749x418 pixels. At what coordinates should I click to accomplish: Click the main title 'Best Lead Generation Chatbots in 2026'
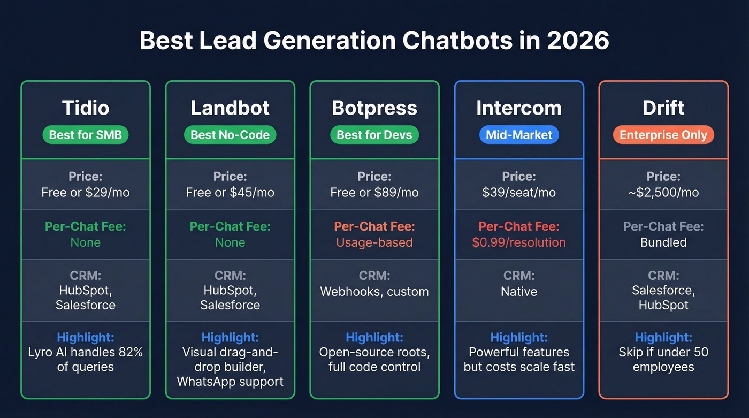click(x=374, y=41)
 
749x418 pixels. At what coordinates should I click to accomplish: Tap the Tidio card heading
click(x=86, y=108)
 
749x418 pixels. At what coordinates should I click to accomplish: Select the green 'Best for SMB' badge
click(x=86, y=135)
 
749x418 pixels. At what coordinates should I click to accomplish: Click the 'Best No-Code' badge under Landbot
click(x=230, y=135)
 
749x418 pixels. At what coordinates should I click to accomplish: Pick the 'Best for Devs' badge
click(x=374, y=135)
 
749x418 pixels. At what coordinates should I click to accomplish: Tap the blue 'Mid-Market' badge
click(x=519, y=135)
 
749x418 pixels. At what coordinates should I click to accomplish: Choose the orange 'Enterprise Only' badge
click(x=663, y=135)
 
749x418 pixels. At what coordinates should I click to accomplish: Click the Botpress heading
click(x=374, y=108)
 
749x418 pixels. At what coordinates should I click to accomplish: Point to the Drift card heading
click(x=663, y=108)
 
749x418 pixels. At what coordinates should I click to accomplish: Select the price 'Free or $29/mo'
click(x=86, y=193)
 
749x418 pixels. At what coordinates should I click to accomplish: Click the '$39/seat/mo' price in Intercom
click(x=519, y=193)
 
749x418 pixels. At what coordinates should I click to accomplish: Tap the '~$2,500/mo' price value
click(x=663, y=193)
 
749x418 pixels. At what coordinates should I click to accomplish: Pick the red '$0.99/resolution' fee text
click(x=519, y=242)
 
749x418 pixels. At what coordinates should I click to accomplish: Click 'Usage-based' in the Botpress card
click(x=374, y=242)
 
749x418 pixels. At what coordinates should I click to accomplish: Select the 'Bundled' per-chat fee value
click(x=663, y=242)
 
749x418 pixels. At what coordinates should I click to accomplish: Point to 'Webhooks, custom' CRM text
click(x=374, y=292)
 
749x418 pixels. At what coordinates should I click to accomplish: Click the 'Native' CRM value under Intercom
click(x=519, y=292)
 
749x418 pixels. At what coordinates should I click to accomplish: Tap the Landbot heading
click(x=230, y=108)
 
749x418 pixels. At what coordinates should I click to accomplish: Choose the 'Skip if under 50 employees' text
click(x=663, y=360)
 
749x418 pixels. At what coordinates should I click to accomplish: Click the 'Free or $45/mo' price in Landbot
click(x=230, y=193)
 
